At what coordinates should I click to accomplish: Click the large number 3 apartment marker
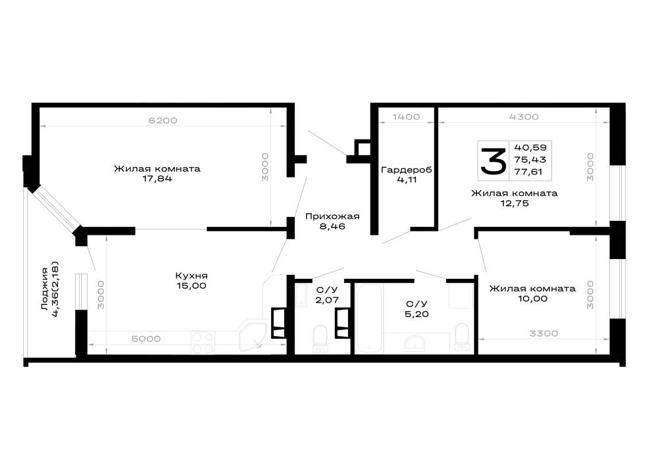(x=493, y=161)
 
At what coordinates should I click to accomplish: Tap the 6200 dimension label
(x=163, y=120)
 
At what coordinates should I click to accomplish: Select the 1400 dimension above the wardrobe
(x=406, y=116)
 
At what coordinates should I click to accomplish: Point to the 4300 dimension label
(x=524, y=116)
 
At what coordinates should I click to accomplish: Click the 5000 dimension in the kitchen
(x=146, y=339)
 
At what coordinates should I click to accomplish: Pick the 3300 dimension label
(x=544, y=333)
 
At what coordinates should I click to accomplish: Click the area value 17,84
(x=157, y=179)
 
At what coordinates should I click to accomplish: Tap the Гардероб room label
(x=406, y=170)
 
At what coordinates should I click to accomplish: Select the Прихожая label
(x=332, y=216)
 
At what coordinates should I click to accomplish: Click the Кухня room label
(x=191, y=276)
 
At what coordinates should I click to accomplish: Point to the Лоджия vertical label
(x=44, y=289)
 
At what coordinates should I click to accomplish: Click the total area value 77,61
(x=528, y=172)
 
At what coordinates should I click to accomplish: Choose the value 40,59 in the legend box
(x=530, y=147)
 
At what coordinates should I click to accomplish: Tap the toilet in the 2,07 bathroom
(x=320, y=338)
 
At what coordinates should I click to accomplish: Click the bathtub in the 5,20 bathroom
(x=369, y=318)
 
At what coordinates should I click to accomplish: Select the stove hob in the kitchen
(x=203, y=343)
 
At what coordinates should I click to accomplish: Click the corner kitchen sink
(x=253, y=336)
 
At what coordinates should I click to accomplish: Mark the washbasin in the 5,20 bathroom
(x=415, y=343)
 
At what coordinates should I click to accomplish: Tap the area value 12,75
(x=515, y=204)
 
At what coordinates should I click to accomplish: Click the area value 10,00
(x=532, y=299)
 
